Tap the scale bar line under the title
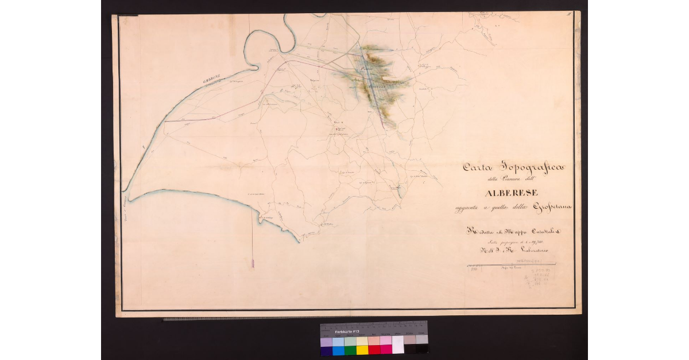[x=511, y=266]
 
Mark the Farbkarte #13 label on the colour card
[x=347, y=332]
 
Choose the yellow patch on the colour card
[x=362, y=350]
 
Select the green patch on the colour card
[x=350, y=350]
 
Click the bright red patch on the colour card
[x=374, y=350]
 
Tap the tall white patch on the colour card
[x=397, y=345]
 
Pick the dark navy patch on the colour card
[x=326, y=350]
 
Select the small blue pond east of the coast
[x=398, y=187]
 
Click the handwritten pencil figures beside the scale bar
[x=541, y=276]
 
